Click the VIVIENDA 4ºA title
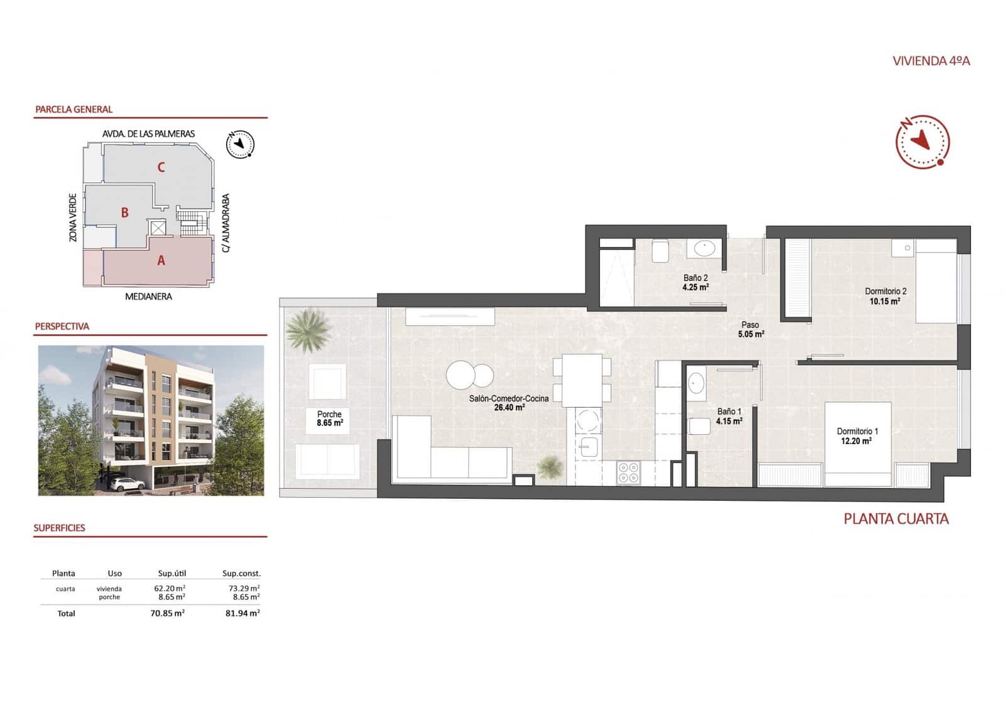931,61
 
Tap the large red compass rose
921,142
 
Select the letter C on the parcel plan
161,167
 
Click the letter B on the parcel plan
125,213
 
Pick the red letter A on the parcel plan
161,260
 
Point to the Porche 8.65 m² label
329,418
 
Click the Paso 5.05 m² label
751,329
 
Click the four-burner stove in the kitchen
628,472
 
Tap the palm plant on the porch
308,329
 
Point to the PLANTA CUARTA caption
896,519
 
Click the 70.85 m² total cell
167,613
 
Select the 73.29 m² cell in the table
244,589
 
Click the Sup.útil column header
171,573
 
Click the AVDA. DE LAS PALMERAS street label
148,134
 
